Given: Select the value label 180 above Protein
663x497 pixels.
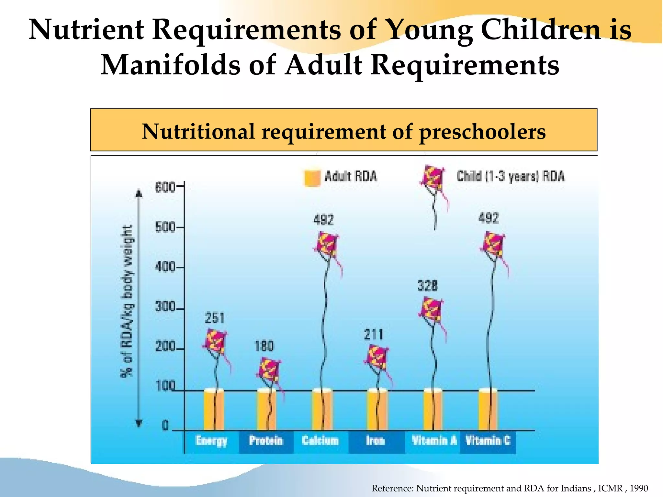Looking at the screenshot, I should [x=264, y=347].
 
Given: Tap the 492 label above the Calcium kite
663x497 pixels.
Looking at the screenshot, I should [x=323, y=220].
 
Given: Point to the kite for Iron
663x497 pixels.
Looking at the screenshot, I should [x=377, y=357].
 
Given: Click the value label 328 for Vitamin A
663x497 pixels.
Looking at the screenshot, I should [x=428, y=286].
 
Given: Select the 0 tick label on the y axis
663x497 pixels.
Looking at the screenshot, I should [x=165, y=425].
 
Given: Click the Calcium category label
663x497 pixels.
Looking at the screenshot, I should [x=320, y=441].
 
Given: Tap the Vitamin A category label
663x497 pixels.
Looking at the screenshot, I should [x=434, y=441].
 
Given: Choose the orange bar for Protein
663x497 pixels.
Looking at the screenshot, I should [x=267, y=410].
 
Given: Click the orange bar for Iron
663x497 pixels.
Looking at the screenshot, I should [x=377, y=410].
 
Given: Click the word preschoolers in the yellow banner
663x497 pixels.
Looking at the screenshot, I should [x=482, y=132].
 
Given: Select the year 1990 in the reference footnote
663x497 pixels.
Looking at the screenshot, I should [x=639, y=488].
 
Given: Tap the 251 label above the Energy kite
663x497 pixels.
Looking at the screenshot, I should [x=215, y=318].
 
